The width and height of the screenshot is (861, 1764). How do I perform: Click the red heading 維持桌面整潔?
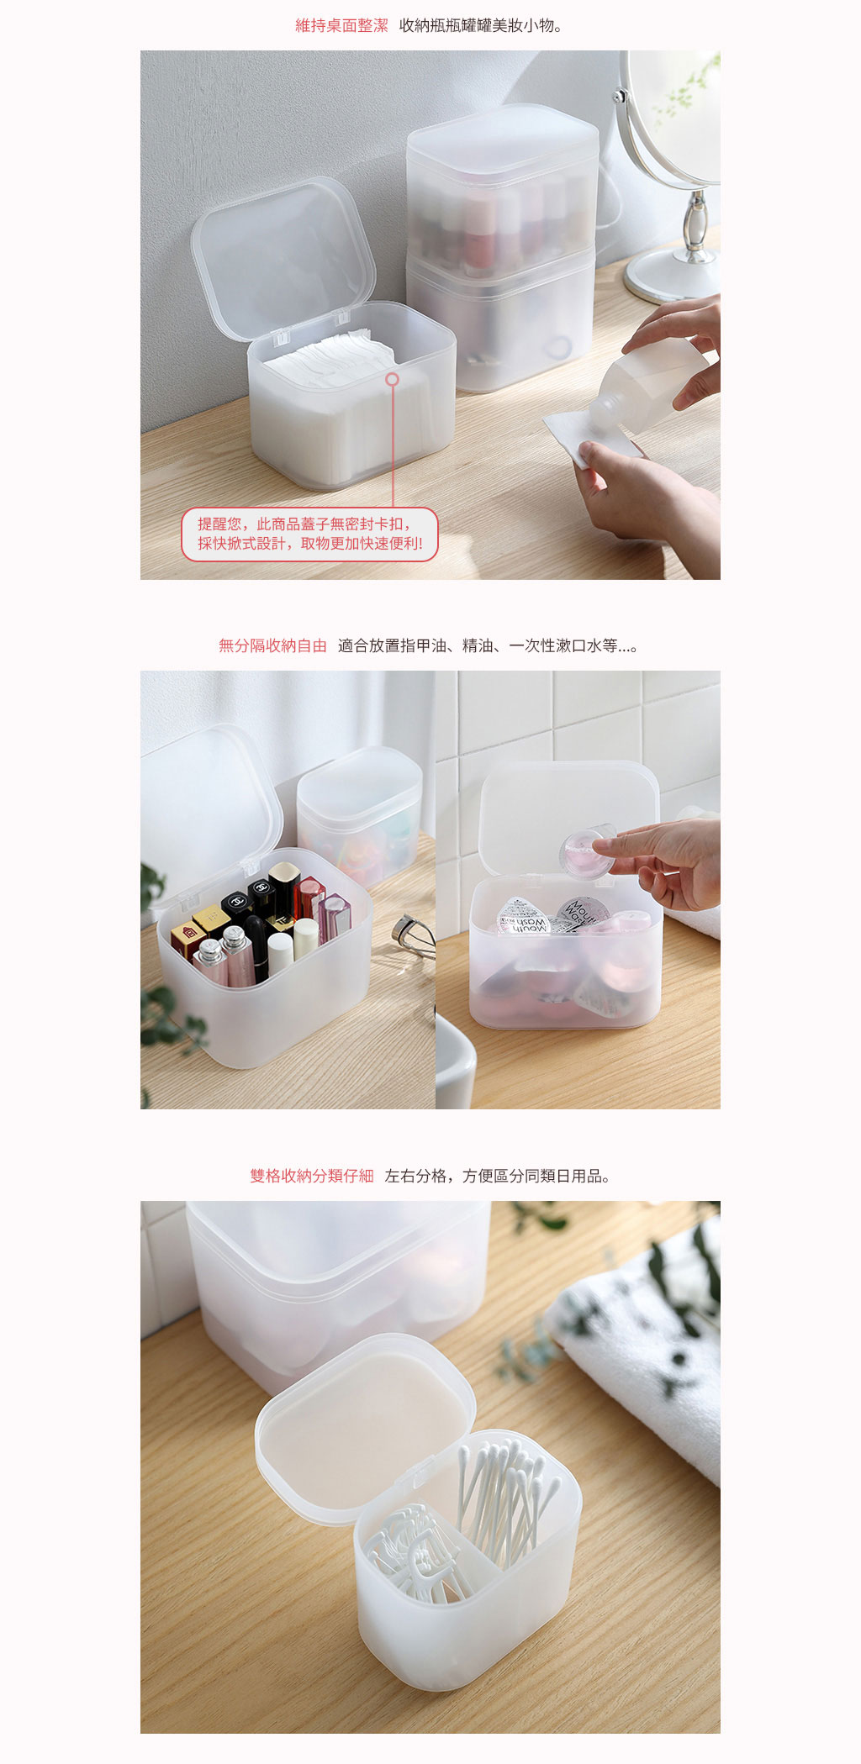[341, 26]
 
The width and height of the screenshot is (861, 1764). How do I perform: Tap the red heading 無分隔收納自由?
[272, 645]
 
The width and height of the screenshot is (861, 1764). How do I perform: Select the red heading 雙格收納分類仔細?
[311, 1176]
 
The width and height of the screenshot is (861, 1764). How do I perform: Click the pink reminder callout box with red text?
[309, 534]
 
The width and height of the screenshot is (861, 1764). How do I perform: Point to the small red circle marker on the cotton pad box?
[392, 379]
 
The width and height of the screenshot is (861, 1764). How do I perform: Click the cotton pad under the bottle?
[580, 437]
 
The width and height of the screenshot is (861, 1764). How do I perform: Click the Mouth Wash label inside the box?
[524, 919]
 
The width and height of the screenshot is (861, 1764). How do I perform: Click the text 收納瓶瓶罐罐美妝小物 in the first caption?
[480, 26]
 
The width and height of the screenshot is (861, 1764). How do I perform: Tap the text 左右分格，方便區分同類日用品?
[496, 1176]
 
